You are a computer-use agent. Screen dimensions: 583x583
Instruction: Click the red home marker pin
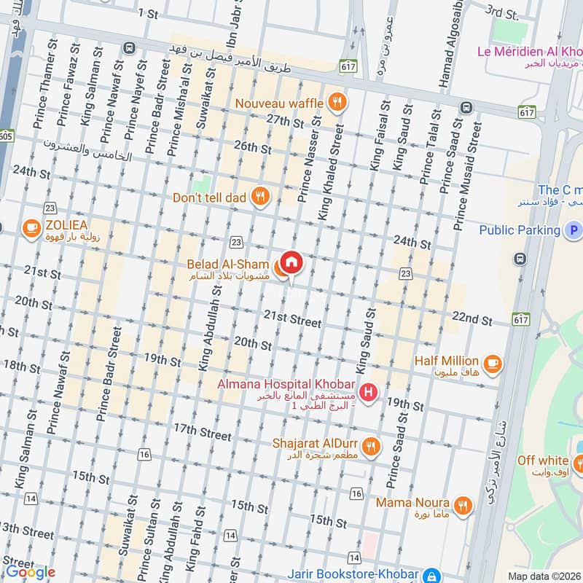click(x=291, y=262)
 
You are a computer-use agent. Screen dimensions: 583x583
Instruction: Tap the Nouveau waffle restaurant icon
click(x=336, y=103)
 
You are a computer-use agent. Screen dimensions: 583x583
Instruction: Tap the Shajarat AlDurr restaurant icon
click(x=371, y=446)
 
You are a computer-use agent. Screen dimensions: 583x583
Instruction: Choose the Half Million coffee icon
click(x=493, y=362)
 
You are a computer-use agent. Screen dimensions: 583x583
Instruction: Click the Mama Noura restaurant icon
click(x=461, y=504)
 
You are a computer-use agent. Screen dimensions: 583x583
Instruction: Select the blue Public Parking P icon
click(x=574, y=230)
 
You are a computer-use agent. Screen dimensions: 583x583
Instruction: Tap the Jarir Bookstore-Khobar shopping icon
click(x=432, y=576)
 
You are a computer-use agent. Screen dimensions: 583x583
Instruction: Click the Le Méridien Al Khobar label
click(x=529, y=51)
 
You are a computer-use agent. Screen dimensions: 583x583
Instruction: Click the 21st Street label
click(x=292, y=319)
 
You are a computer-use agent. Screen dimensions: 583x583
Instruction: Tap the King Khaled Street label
click(x=329, y=171)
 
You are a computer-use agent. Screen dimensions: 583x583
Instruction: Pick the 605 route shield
click(x=6, y=136)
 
